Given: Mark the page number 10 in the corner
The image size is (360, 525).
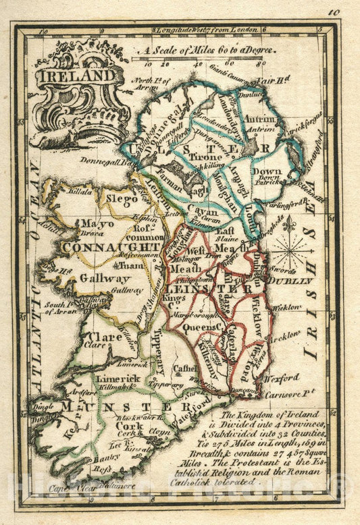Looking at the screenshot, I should pos(334,11).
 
